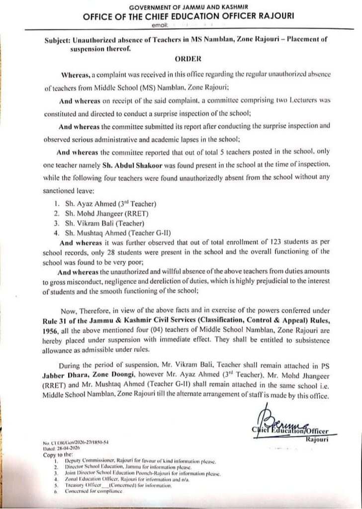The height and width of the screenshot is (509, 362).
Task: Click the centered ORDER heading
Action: [x=187, y=59]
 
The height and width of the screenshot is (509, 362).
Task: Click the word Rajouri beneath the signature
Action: [x=316, y=440]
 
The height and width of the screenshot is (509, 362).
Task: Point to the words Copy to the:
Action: [x=57, y=454]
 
